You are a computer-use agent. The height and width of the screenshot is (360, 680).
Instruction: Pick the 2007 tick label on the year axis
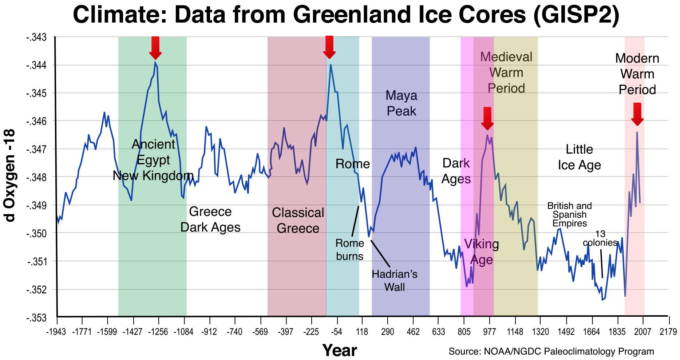click(x=643, y=332)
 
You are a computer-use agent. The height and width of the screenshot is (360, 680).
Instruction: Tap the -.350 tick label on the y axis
click(x=36, y=233)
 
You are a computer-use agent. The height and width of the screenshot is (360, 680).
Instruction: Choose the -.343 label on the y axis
click(x=36, y=37)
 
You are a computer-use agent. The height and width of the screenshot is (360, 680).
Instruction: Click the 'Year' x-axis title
click(x=339, y=350)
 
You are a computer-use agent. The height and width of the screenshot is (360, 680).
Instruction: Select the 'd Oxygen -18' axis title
click(x=10, y=175)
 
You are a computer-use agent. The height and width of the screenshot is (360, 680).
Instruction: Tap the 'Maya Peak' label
click(x=401, y=103)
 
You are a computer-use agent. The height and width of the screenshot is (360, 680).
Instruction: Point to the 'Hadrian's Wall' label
click(x=394, y=280)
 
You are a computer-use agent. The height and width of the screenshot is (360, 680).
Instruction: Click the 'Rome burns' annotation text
click(x=349, y=250)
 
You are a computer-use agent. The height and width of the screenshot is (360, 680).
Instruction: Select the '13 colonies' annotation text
click(x=600, y=238)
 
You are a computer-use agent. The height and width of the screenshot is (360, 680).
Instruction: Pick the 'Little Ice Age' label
click(x=579, y=157)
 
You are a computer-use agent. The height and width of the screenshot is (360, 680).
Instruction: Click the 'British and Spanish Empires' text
click(x=570, y=214)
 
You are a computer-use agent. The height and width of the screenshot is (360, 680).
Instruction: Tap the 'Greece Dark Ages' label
click(x=210, y=219)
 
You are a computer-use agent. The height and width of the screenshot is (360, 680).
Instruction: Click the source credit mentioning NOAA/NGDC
click(x=551, y=351)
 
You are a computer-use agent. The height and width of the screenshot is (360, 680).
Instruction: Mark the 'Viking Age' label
click(x=481, y=252)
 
